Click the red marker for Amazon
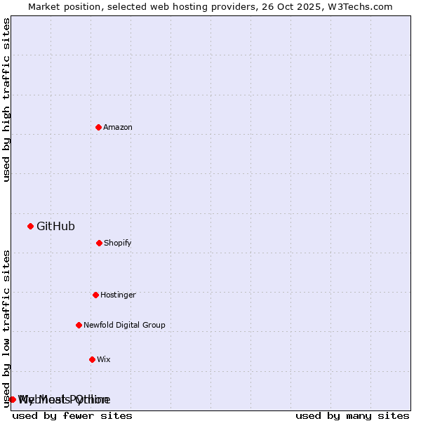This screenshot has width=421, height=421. tap(98, 127)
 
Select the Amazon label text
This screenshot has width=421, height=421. tap(118, 128)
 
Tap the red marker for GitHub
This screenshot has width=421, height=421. tap(30, 226)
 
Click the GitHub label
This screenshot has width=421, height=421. tap(55, 227)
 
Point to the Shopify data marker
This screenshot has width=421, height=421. tap(99, 243)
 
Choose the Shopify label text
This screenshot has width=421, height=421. tap(118, 243)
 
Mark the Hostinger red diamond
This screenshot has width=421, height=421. tap(95, 295)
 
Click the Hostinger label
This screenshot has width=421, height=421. tap(118, 295)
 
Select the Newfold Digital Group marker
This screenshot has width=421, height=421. tap(79, 325)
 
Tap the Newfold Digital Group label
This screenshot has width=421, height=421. tap(124, 326)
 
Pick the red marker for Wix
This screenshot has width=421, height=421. tap(92, 359)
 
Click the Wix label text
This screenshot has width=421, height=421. tap(104, 360)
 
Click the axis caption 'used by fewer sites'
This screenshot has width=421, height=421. tap(72, 416)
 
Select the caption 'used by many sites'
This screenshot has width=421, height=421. tap(352, 416)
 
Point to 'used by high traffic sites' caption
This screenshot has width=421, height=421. tap(7, 100)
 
